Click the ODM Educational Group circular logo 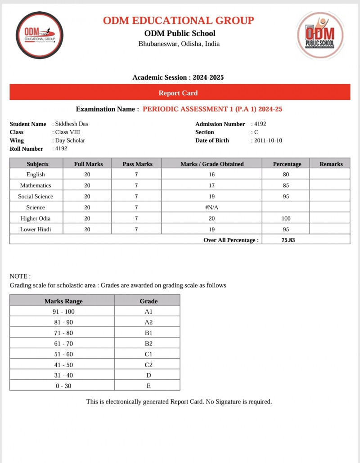40,35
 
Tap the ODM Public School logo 320,36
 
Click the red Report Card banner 180,93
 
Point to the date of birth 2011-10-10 268,140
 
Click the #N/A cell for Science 211,207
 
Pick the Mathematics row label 36,185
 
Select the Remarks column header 331,164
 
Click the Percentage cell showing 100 286,218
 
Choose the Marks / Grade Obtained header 212,164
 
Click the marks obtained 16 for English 211,175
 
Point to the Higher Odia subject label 36,218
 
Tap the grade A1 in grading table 148,311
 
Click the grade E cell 148,386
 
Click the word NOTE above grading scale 20,276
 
